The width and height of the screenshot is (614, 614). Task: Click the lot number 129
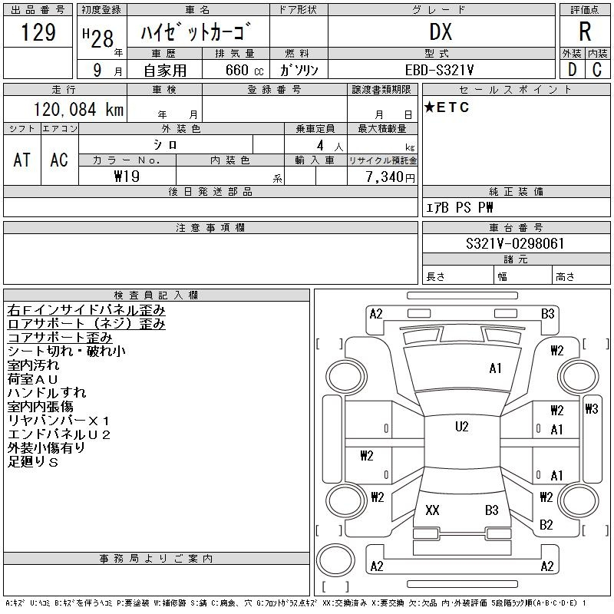tap(38, 31)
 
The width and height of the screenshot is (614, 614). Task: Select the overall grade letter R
tap(585, 31)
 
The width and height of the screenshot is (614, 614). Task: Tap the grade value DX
tap(441, 31)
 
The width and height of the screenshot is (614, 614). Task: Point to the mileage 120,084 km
tap(78, 110)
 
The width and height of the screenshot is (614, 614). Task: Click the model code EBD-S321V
tap(439, 70)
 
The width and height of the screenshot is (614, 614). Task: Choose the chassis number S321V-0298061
tap(515, 243)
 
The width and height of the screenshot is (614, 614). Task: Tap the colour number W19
tap(127, 177)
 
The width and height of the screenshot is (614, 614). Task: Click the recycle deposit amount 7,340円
tap(390, 177)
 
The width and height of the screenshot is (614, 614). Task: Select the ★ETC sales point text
tap(447, 107)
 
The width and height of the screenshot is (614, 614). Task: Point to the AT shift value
tap(22, 160)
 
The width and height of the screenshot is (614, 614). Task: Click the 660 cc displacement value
tap(244, 70)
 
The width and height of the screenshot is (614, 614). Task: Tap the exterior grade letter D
tap(572, 70)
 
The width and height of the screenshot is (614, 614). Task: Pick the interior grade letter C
tap(597, 70)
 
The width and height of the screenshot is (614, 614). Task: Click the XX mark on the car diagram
tap(432, 510)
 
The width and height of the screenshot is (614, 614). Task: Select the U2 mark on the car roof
tap(462, 426)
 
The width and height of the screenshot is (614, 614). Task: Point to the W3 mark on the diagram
tap(592, 409)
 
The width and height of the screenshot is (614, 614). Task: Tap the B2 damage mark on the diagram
tap(546, 524)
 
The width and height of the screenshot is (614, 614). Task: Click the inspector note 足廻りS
tap(33, 462)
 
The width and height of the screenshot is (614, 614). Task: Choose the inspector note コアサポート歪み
tap(60, 338)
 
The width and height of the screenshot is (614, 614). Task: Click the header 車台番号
tap(516, 227)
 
